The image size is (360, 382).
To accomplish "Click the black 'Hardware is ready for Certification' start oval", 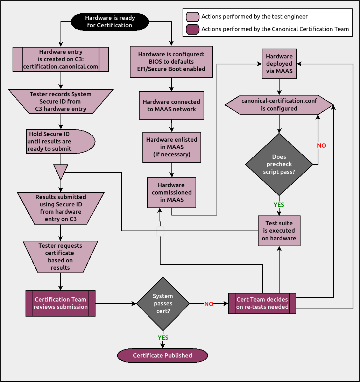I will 110,22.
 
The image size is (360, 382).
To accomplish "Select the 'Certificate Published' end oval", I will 162,355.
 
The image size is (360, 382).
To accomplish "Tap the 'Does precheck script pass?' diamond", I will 279,164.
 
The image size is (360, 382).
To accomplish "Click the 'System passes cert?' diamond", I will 163,304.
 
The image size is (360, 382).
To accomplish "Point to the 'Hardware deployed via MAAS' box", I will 279,64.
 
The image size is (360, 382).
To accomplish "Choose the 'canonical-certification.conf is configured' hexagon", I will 279,105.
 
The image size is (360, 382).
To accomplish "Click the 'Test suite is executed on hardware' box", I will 279,231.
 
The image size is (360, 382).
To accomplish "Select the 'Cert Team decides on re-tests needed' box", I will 262,303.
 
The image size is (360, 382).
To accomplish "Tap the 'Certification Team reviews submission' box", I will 61,303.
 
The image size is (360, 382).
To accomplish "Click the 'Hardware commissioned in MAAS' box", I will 171,193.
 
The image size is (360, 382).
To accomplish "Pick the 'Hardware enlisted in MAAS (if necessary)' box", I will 171,147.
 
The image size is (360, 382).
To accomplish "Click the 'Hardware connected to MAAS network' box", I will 171,106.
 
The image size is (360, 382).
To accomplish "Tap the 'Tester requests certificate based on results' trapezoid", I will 60,257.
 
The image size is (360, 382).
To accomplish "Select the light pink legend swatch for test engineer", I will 192,16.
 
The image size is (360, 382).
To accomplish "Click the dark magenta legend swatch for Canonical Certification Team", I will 192,29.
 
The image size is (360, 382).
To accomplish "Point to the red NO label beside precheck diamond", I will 321,146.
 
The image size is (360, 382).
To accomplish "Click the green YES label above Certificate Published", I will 163,338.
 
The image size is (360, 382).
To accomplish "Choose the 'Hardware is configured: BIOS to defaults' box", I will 171,62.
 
